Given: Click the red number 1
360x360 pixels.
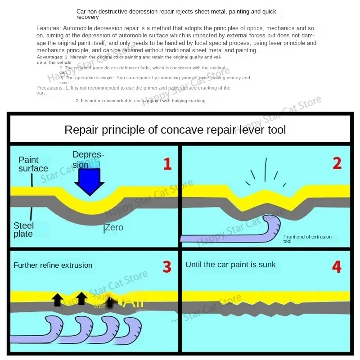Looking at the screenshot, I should pyautogui.click(x=167, y=164).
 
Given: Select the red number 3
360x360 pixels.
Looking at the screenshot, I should pyautogui.click(x=167, y=267).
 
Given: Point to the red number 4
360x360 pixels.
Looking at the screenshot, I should pyautogui.click(x=337, y=267).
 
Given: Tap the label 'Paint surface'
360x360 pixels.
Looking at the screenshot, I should pyautogui.click(x=33, y=164).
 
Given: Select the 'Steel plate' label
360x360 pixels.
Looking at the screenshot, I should pyautogui.click(x=23, y=229).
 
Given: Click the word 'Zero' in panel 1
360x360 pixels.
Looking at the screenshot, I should pyautogui.click(x=114, y=228).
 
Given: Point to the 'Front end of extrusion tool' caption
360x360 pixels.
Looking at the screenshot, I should pyautogui.click(x=307, y=239).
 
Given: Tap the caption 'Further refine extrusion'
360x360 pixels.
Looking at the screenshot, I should pyautogui.click(x=53, y=265).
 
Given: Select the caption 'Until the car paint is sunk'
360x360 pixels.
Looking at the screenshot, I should pyautogui.click(x=230, y=265).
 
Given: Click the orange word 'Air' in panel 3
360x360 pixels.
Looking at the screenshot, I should pyautogui.click(x=133, y=301).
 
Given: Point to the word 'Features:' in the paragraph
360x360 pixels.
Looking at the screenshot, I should pyautogui.click(x=46, y=28).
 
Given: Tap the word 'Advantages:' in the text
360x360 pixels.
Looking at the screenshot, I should pyautogui.click(x=50, y=57).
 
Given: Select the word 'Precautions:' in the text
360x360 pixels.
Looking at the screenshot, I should pyautogui.click(x=49, y=88).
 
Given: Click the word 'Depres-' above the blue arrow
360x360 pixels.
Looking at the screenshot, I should pyautogui.click(x=88, y=155).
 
